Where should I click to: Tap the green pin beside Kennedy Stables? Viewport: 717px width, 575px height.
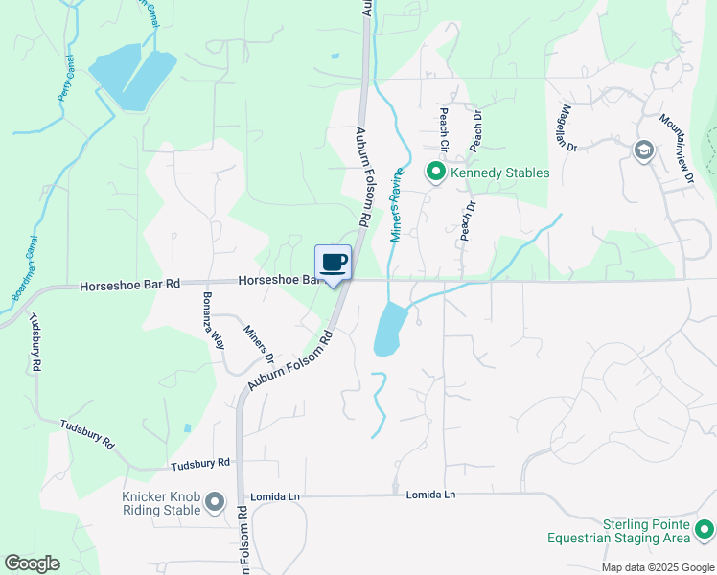(x=435, y=172)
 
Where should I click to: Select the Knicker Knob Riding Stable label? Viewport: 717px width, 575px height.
(x=161, y=503)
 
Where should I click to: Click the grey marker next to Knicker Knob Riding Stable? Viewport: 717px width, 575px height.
(x=214, y=501)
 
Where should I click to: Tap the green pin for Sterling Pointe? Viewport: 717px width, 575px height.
(x=705, y=529)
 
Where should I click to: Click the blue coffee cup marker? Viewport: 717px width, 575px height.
(x=333, y=264)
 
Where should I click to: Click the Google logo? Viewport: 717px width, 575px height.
(x=32, y=563)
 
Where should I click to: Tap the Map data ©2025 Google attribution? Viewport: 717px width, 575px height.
(x=658, y=567)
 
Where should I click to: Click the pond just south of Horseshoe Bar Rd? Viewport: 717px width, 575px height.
(x=387, y=329)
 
